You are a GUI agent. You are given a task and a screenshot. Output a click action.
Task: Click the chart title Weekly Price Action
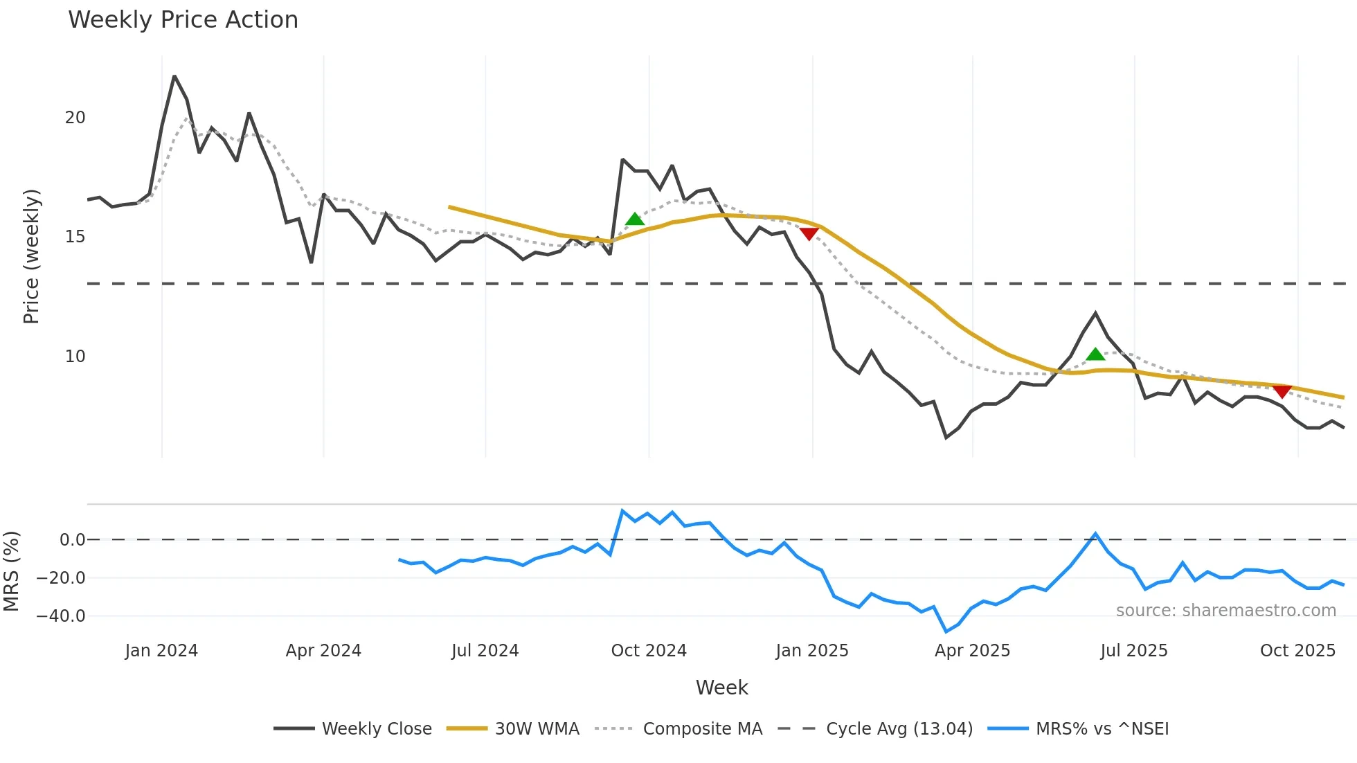pyautogui.click(x=183, y=20)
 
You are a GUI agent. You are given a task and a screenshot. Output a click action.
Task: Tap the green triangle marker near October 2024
pyautogui.click(x=635, y=219)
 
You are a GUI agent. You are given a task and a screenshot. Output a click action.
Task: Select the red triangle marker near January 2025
pyautogui.click(x=809, y=234)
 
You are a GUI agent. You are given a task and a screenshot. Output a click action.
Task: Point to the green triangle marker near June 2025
pyautogui.click(x=1095, y=354)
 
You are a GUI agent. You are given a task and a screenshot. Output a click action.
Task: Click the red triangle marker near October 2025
pyautogui.click(x=1282, y=392)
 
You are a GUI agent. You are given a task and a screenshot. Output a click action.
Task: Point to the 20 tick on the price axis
pyautogui.click(x=75, y=118)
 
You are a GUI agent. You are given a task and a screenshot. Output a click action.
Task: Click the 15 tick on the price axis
pyautogui.click(x=75, y=237)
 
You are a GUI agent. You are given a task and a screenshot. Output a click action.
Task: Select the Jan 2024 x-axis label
pyautogui.click(x=161, y=651)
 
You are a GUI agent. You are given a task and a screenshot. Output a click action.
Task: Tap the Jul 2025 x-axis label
pyautogui.click(x=1134, y=651)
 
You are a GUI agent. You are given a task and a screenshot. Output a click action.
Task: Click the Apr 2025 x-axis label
pyautogui.click(x=972, y=651)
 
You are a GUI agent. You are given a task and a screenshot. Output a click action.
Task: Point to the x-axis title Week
pyautogui.click(x=721, y=688)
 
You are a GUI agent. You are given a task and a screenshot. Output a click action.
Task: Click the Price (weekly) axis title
pyautogui.click(x=31, y=256)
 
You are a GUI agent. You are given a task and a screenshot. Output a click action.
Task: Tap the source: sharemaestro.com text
pyautogui.click(x=1225, y=611)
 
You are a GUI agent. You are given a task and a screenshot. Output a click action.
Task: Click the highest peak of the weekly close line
pyautogui.click(x=174, y=76)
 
